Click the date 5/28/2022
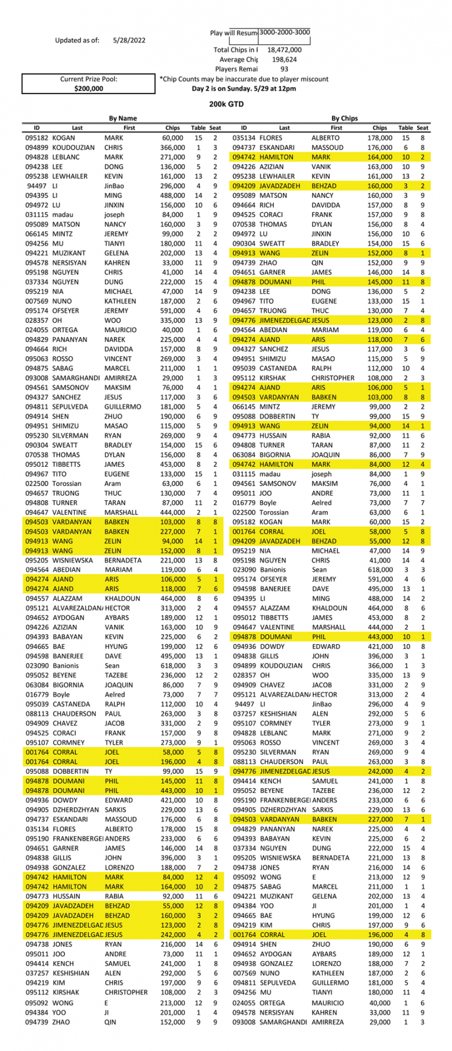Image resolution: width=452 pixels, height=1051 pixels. (129, 41)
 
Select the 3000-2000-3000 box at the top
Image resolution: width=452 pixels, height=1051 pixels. (285, 33)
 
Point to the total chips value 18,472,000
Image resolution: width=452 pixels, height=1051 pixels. (284, 51)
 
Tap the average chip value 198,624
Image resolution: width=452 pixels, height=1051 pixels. (284, 60)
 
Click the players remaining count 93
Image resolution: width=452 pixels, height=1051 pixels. (284, 69)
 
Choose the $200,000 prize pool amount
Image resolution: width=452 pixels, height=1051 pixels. (89, 89)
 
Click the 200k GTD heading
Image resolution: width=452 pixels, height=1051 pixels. (227, 105)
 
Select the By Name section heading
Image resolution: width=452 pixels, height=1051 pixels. (122, 119)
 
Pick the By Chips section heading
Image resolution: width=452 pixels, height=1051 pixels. (344, 119)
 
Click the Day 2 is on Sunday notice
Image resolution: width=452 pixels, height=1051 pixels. (244, 89)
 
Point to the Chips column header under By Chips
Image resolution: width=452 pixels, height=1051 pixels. (380, 128)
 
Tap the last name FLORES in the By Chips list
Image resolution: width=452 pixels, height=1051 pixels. (270, 138)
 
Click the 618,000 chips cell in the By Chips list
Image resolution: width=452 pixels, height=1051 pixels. (380, 570)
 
